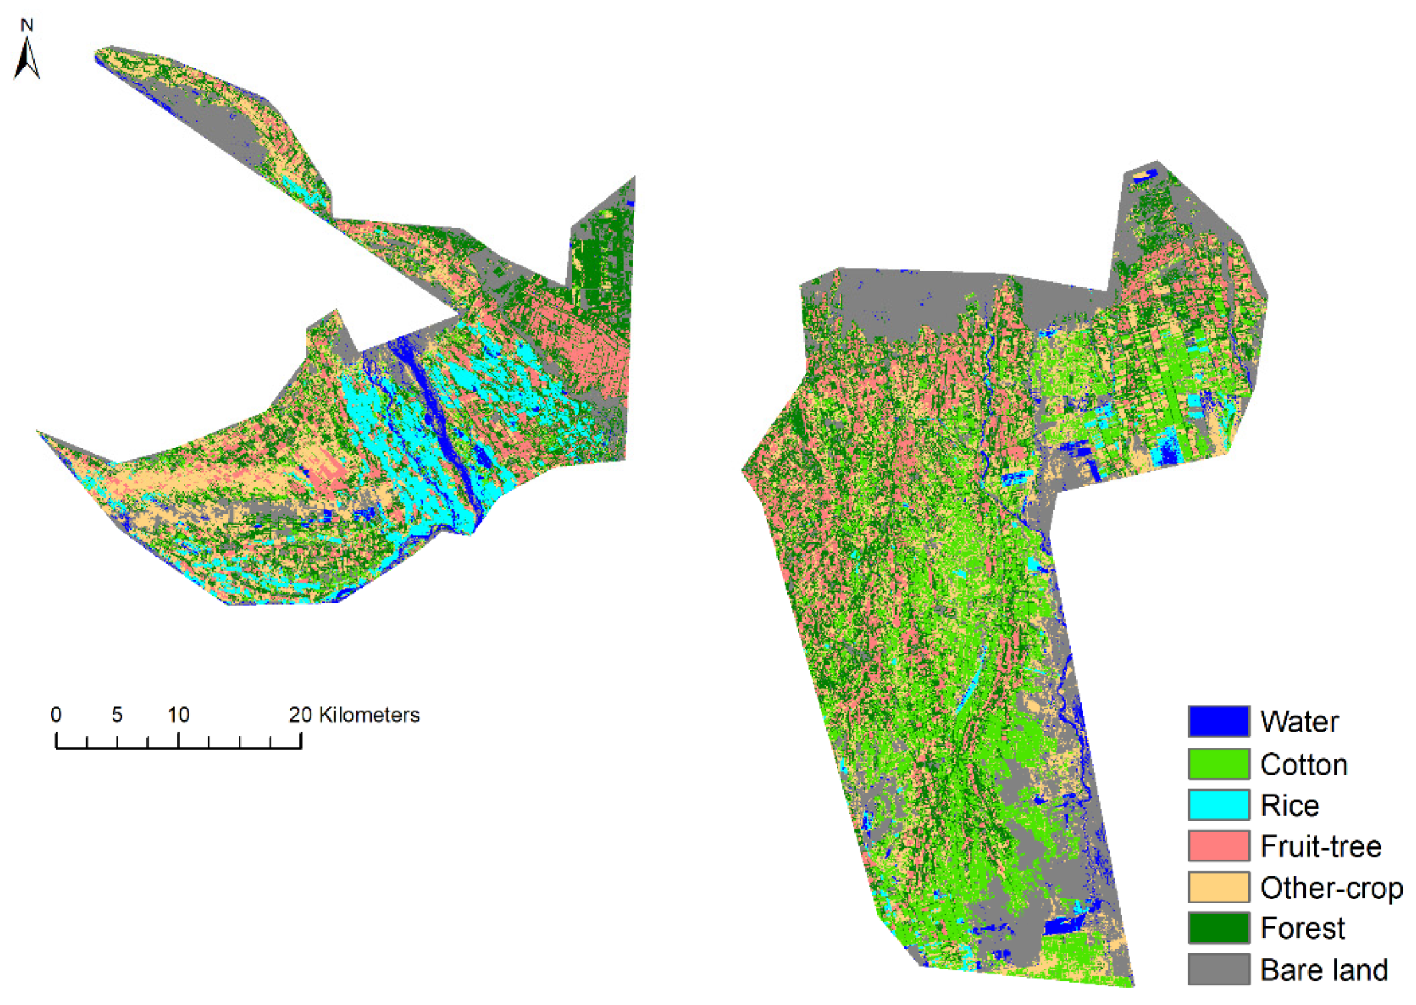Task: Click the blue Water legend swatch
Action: click(1218, 721)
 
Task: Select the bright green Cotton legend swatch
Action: click(1218, 763)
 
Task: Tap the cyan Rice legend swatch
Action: click(1218, 804)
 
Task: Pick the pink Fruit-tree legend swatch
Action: click(1218, 845)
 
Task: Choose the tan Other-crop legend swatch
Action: click(1218, 887)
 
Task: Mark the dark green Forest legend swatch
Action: click(1218, 928)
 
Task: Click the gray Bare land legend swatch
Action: click(1218, 969)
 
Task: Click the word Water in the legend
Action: click(1299, 722)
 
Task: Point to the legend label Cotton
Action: click(1303, 764)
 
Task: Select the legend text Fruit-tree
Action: click(1321, 846)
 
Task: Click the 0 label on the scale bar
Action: click(56, 715)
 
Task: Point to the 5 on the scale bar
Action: click(116, 715)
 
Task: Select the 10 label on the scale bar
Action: click(178, 715)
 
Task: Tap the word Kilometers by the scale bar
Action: click(369, 715)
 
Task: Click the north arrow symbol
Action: click(27, 59)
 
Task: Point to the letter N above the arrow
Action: click(26, 25)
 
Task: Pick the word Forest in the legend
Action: click(1302, 928)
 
